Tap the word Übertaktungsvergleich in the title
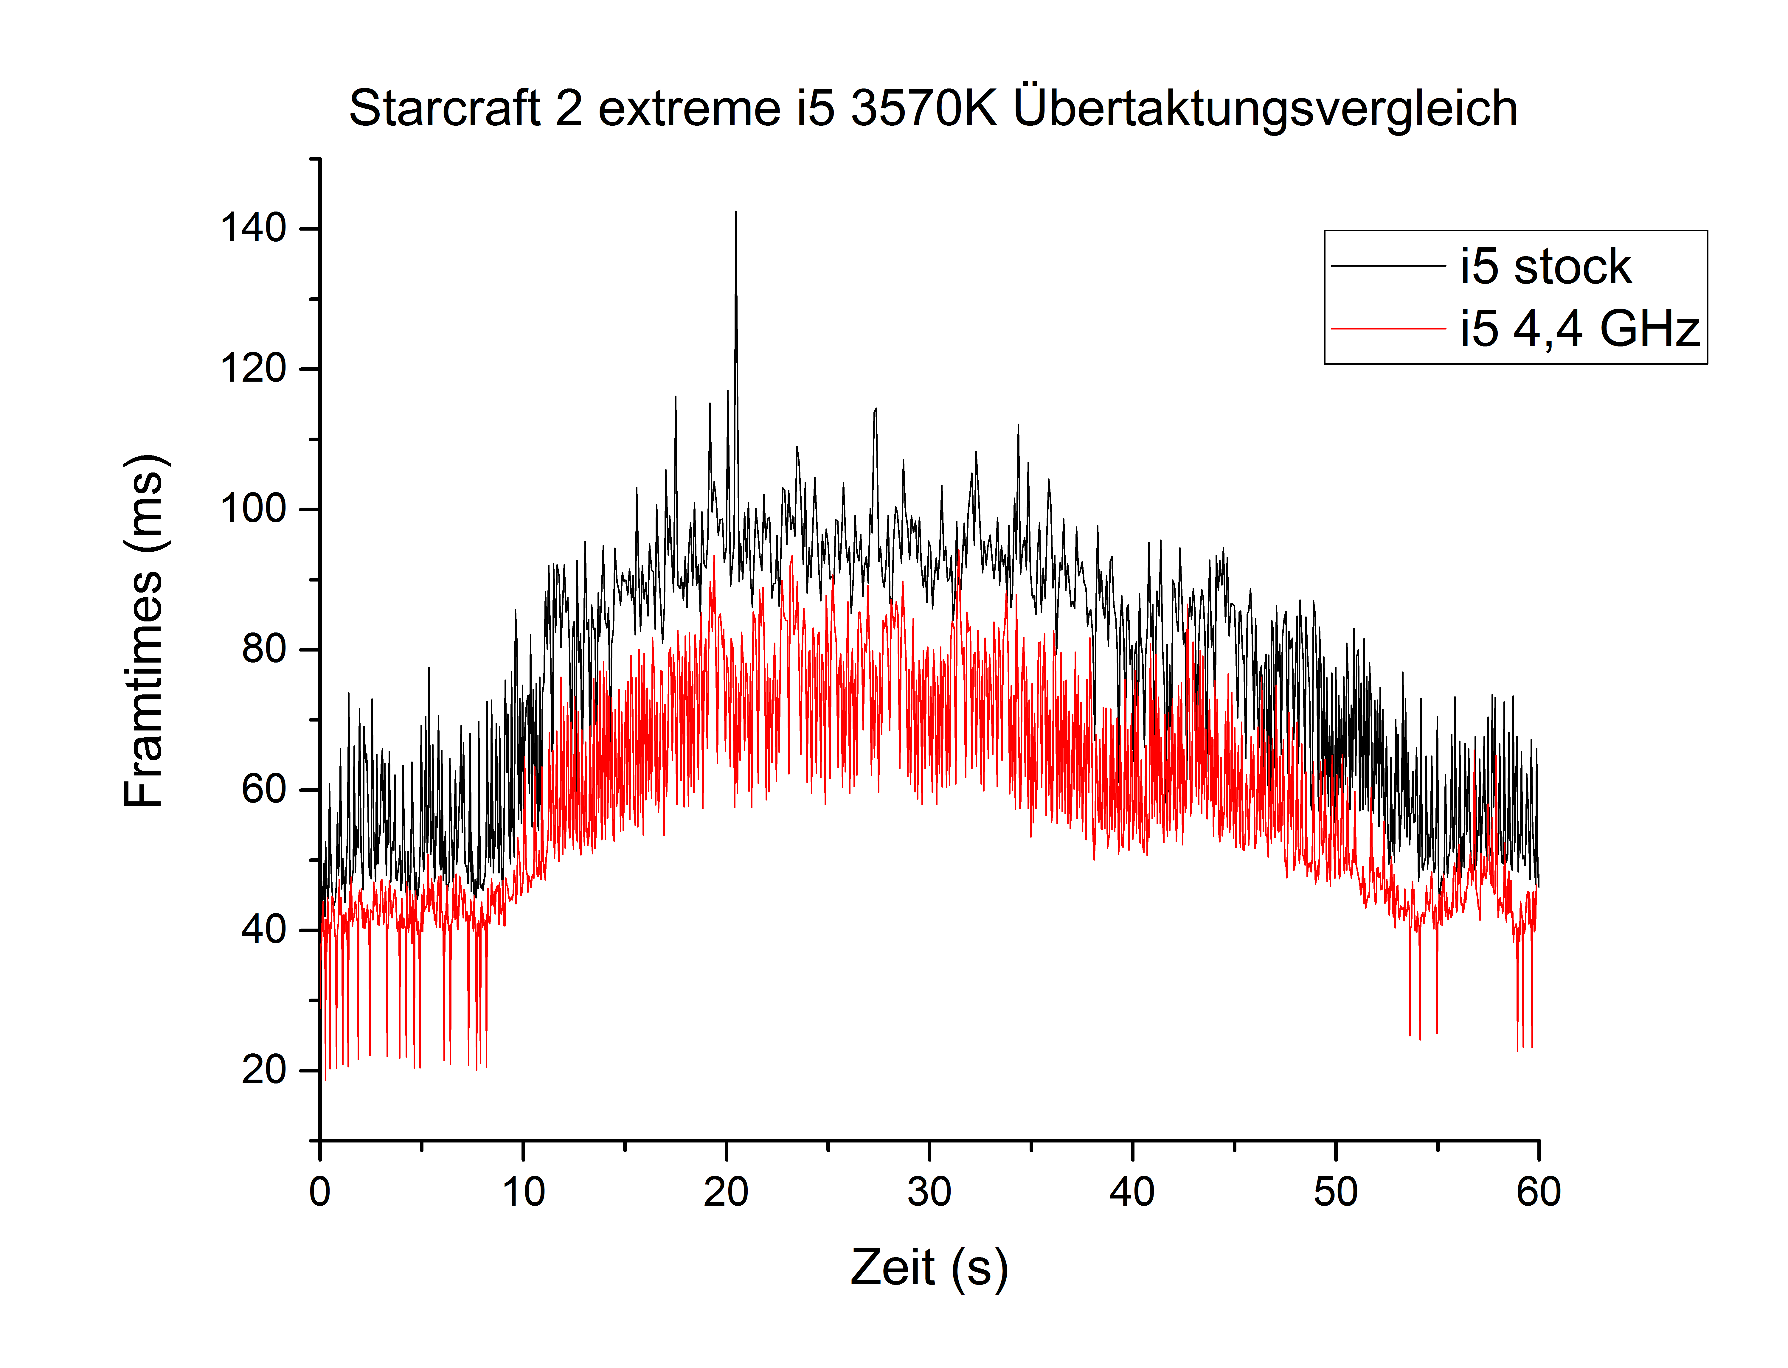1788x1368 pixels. pos(1265,108)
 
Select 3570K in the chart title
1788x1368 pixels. pos(924,108)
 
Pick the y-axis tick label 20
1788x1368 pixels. pos(264,1070)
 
